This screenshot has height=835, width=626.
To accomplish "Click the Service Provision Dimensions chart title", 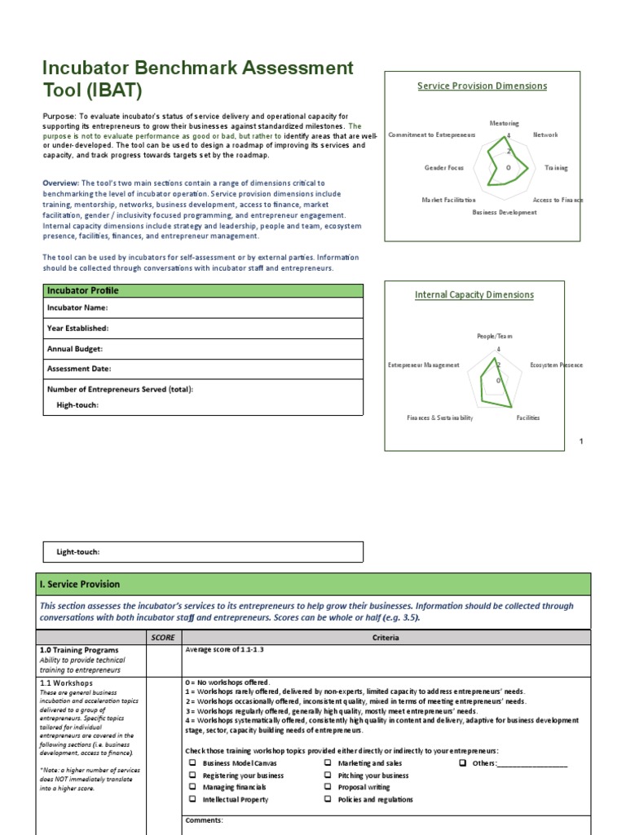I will click(x=482, y=86).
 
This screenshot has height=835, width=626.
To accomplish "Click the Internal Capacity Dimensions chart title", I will click(x=474, y=295).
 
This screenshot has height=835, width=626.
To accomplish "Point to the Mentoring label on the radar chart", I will click(x=504, y=123).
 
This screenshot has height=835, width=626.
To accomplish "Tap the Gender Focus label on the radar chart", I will click(x=444, y=168).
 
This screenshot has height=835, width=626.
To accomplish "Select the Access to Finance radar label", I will click(x=558, y=200).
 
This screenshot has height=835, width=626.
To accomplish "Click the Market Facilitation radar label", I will click(x=448, y=200).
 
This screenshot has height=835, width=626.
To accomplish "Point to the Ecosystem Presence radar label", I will click(x=556, y=365).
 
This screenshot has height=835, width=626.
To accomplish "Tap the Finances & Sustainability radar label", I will click(x=439, y=417).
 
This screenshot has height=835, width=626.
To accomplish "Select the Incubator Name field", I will click(x=203, y=308).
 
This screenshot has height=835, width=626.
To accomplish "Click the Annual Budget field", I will click(x=203, y=349).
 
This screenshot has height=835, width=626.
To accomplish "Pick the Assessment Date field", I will click(x=203, y=369).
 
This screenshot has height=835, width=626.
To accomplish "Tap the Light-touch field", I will click(x=203, y=552).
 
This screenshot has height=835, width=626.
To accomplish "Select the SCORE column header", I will click(x=163, y=638).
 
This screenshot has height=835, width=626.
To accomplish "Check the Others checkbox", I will click(x=462, y=763).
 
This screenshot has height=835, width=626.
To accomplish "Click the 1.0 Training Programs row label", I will click(x=79, y=651).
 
